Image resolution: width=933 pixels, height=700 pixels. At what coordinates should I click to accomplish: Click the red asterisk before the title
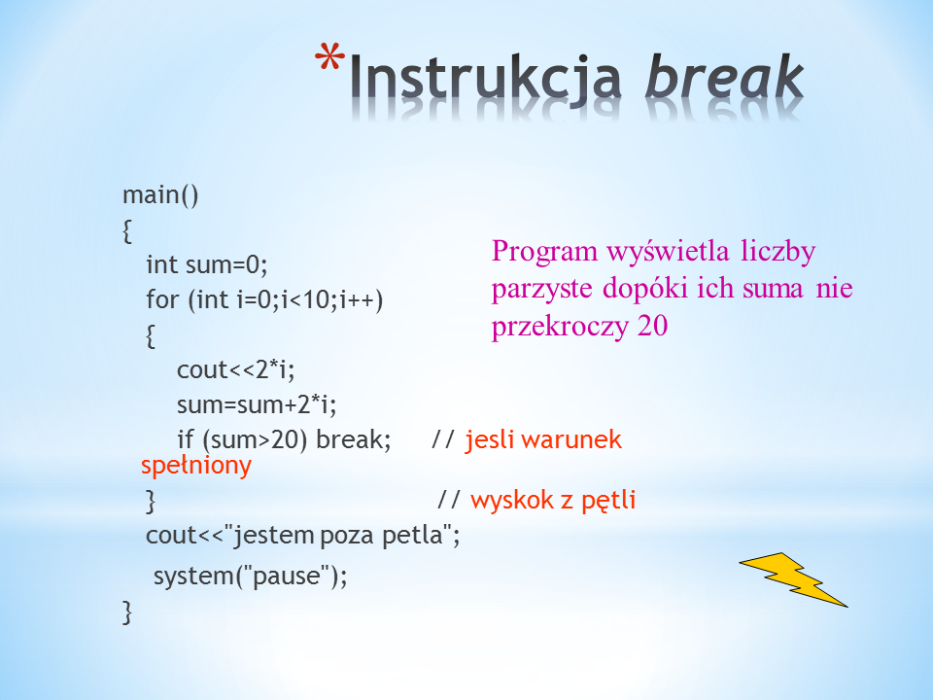coord(329,57)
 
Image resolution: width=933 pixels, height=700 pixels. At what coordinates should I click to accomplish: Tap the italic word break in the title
coord(725,76)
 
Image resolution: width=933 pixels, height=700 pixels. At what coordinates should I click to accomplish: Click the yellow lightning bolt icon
coord(793,579)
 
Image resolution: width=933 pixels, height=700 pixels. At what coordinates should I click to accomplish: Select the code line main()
coord(160,195)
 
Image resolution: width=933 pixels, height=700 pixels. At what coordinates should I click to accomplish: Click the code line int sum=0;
coord(207,264)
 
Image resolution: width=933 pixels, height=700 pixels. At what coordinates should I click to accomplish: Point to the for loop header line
coord(264,299)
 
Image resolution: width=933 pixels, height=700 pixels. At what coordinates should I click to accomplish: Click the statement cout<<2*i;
coord(235,369)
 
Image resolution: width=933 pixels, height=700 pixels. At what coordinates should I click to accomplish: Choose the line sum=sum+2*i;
coord(257,404)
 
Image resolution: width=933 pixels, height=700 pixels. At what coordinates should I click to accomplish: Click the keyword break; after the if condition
coord(354,439)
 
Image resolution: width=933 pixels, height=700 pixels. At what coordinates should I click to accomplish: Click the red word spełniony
coord(196,466)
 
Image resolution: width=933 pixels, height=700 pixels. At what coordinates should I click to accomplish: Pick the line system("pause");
coord(250,577)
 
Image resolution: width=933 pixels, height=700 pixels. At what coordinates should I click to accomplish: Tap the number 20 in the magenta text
coord(652,326)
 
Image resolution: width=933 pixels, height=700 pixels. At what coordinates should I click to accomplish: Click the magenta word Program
coord(544,251)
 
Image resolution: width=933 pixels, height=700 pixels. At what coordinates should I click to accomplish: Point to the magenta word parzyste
coord(541,290)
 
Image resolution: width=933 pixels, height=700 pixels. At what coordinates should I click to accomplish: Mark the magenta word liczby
coord(778,251)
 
